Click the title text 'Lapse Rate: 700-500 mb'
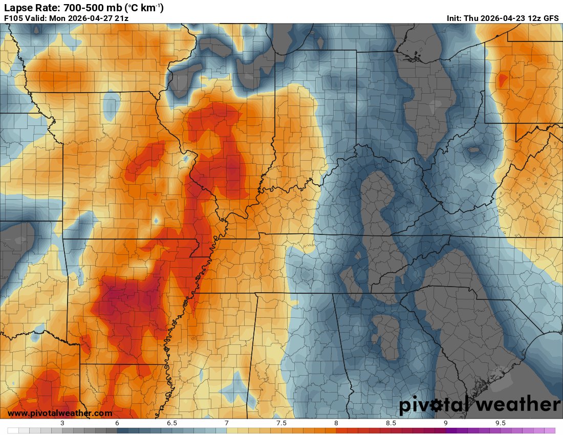pyautogui.click(x=58, y=7)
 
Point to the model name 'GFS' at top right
pyautogui.click(x=551, y=18)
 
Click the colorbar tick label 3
pyautogui.click(x=62, y=423)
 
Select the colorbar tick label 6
pyautogui.click(x=117, y=423)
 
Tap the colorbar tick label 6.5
pyautogui.click(x=172, y=423)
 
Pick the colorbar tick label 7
pyautogui.click(x=227, y=423)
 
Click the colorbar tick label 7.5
pyautogui.click(x=281, y=423)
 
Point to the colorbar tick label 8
pyautogui.click(x=336, y=423)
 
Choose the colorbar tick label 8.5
pyautogui.click(x=391, y=423)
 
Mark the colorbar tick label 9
pyautogui.click(x=446, y=423)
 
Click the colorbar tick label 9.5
pyautogui.click(x=501, y=423)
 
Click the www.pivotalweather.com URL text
pyautogui.click(x=60, y=413)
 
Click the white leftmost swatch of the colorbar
pyautogui.click(x=13, y=431)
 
